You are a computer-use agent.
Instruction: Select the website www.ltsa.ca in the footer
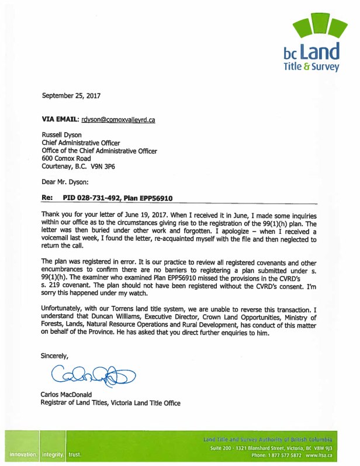pyautogui.click(x=319, y=454)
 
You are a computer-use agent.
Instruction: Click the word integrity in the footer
pyautogui.click(x=53, y=454)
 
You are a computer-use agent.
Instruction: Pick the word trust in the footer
pyautogui.click(x=75, y=454)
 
